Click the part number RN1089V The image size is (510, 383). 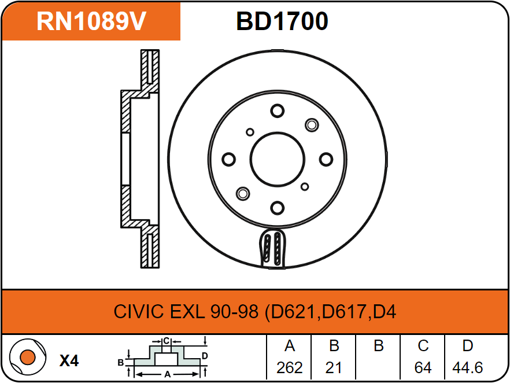click(91, 21)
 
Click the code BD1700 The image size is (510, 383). click(282, 21)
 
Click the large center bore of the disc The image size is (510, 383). click(278, 160)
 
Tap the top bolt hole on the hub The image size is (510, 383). click(278, 111)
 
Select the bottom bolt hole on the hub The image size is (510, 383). click(278, 208)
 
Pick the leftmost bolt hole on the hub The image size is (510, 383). click(228, 160)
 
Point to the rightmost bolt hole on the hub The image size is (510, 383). click(326, 160)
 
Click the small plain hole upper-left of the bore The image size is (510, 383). click(250, 132)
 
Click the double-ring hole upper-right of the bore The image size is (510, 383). click(312, 125)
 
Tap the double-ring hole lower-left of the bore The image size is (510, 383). click(243, 194)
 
